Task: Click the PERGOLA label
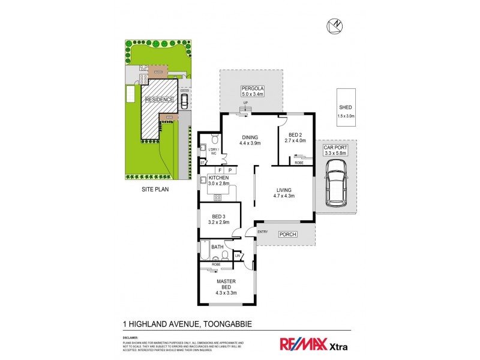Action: [253, 88]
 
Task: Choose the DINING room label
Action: [249, 136]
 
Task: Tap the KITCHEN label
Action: [219, 179]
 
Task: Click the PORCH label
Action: [288, 235]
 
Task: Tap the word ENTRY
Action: [263, 231]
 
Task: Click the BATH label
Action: [217, 247]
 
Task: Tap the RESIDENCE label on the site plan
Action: [159, 100]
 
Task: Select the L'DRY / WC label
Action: [212, 151]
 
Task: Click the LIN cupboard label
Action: [238, 257]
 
